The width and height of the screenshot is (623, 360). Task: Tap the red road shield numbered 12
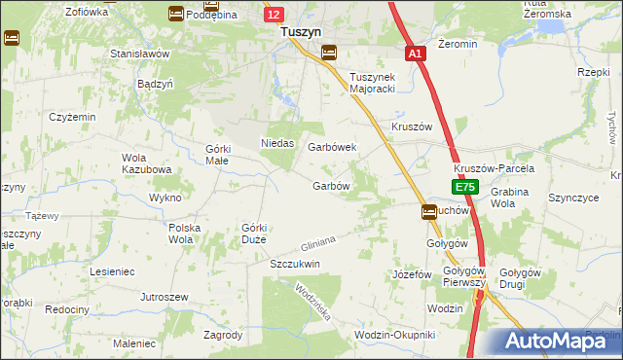pyautogui.click(x=274, y=14)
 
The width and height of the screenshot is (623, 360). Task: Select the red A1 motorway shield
pyautogui.click(x=416, y=54)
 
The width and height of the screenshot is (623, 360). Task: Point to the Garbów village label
pyautogui.click(x=330, y=186)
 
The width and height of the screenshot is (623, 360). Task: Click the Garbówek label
pyautogui.click(x=332, y=147)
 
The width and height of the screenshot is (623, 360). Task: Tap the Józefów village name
pyautogui.click(x=411, y=275)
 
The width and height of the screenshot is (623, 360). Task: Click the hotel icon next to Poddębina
pyautogui.click(x=175, y=13)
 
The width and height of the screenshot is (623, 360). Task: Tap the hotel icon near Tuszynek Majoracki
pyautogui.click(x=329, y=53)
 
